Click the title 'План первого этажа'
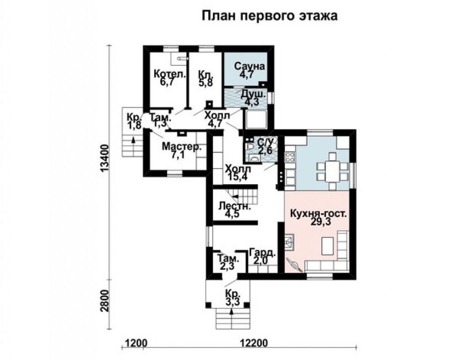269,16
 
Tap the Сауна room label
250,69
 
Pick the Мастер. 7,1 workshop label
182,151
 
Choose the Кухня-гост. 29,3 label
318,217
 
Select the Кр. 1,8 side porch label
134,121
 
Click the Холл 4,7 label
217,119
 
